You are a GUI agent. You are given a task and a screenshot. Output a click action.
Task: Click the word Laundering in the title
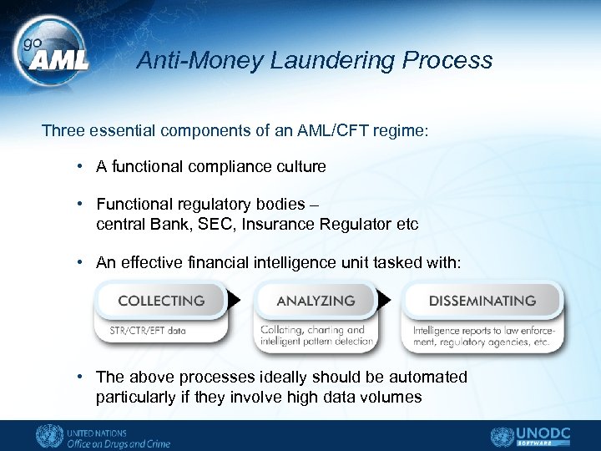[x=332, y=61]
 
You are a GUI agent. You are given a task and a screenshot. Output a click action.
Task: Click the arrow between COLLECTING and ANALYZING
[x=235, y=300]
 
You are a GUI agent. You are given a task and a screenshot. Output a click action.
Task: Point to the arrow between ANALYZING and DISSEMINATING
[x=385, y=300]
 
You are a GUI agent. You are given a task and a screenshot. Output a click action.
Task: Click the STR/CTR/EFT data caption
[x=148, y=330]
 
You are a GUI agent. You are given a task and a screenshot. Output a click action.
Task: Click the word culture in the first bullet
[x=297, y=166]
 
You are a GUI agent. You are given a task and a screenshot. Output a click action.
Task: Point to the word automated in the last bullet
[x=426, y=377]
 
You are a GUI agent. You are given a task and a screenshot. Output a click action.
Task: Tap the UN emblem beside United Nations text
[x=48, y=437]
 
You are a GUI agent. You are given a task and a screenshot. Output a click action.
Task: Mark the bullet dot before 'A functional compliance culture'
[x=78, y=166]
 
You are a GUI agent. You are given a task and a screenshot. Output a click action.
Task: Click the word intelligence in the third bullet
[x=292, y=262]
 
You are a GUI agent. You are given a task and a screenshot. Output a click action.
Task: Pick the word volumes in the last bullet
[x=391, y=397]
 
